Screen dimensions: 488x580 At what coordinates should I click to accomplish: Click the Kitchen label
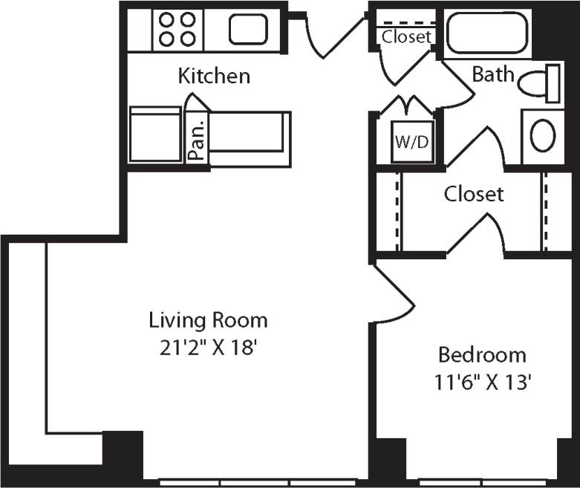[x=214, y=76]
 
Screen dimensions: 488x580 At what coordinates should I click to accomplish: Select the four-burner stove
[x=177, y=30]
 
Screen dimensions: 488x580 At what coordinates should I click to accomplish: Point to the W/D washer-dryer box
[x=411, y=141]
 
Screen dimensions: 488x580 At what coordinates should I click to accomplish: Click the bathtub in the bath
[x=487, y=33]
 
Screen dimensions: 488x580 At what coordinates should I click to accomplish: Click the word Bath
[x=493, y=75]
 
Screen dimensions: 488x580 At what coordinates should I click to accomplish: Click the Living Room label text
[x=208, y=321]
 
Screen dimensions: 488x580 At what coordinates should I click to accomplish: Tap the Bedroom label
[x=482, y=354]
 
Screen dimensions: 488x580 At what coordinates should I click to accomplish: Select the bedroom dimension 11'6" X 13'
[x=484, y=382]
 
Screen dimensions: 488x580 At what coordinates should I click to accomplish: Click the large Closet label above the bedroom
[x=474, y=195]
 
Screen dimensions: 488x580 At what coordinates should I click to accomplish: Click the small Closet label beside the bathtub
[x=406, y=36]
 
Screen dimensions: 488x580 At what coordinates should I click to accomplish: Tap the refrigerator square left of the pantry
[x=155, y=134]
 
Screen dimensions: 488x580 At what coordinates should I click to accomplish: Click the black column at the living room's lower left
[x=123, y=449]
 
